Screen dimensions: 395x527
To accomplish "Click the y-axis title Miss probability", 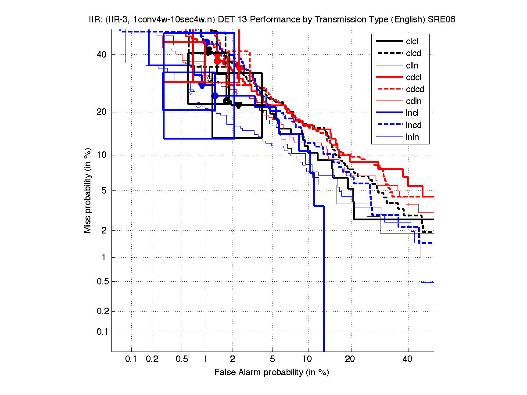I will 88,191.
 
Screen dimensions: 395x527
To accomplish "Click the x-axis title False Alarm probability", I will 272,373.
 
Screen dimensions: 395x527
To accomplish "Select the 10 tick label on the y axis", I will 102,155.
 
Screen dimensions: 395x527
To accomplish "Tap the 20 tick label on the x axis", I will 350,359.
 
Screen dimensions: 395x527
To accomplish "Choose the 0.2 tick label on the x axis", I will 152,359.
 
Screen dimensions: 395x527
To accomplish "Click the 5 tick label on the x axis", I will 272,359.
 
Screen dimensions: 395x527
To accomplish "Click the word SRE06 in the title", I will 435,20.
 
